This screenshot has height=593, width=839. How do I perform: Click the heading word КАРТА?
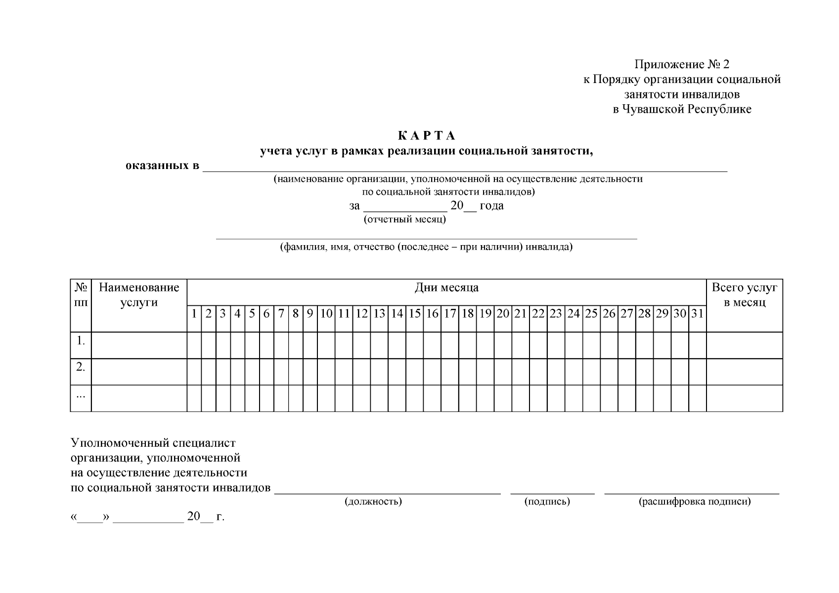point(426,135)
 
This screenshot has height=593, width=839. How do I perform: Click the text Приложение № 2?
point(682,64)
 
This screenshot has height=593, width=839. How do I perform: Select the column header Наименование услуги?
point(139,295)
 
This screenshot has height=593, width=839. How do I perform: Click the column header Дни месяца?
point(446,288)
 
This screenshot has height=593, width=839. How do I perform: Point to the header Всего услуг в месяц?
point(744,295)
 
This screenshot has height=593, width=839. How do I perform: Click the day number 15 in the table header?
point(414,313)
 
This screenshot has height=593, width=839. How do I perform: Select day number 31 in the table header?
point(697,313)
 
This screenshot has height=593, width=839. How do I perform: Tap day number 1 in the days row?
point(194,313)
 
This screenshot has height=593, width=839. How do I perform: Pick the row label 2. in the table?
point(81,367)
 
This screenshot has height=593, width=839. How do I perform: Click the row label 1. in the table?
point(81,340)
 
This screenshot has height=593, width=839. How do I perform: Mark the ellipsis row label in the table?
point(81,395)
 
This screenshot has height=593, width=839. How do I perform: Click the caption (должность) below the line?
point(373,502)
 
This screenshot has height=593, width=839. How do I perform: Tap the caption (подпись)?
point(547,502)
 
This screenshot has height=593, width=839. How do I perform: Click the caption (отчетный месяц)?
point(405,219)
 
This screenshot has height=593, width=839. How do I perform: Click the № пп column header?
point(81,295)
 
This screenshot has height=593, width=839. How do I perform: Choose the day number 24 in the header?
point(574,313)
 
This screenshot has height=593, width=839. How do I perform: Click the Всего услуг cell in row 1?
point(744,345)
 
